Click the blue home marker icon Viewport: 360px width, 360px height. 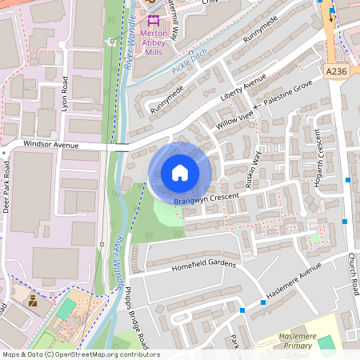pyautogui.click(x=180, y=173)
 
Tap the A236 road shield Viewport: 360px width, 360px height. pyautogui.click(x=338, y=72)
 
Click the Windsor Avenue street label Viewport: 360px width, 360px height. pyautogui.click(x=51, y=145)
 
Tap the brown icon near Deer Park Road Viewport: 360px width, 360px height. pyautogui.click(x=33, y=302)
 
